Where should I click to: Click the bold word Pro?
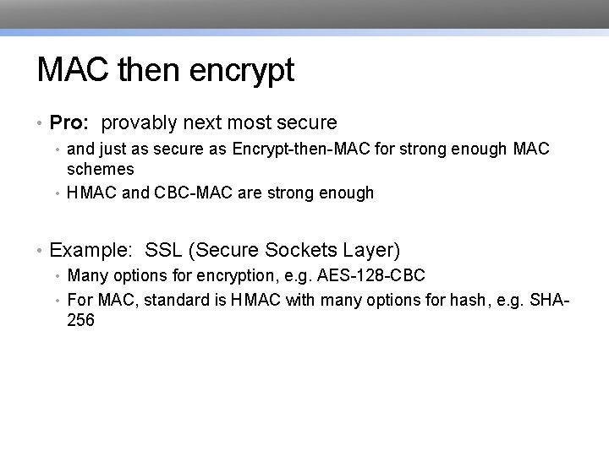click(69, 123)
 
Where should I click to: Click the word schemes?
click(101, 169)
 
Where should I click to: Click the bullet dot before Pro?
click(41, 124)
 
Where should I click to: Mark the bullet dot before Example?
click(41, 251)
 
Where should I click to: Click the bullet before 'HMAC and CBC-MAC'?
click(58, 193)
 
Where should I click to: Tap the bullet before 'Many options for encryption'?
click(58, 276)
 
